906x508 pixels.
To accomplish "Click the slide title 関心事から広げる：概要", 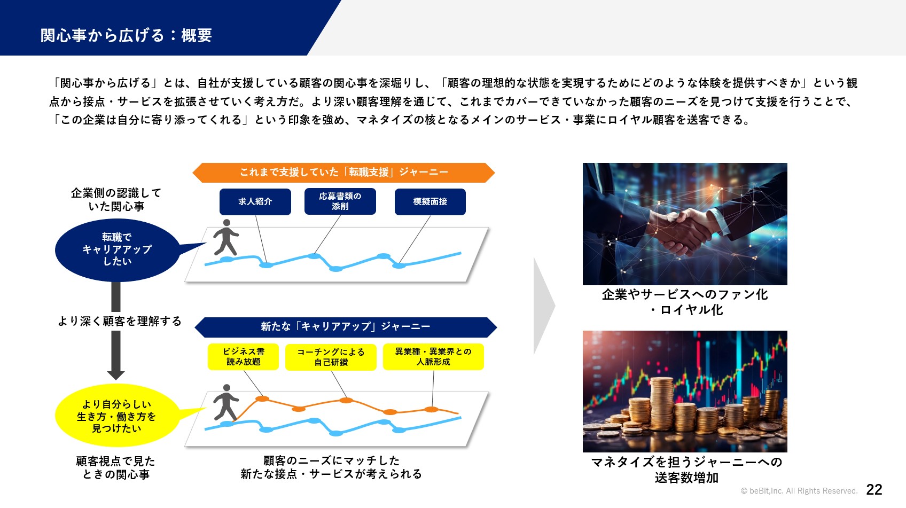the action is [126, 35].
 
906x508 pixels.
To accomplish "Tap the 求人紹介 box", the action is [255, 201].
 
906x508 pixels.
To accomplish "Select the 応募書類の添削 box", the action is [340, 201].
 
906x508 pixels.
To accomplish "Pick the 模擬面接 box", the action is [430, 201].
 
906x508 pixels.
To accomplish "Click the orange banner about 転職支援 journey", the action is [344, 173].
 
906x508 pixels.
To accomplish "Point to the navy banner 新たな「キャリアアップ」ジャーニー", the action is [346, 327].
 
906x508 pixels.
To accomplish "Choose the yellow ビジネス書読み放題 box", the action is [244, 357].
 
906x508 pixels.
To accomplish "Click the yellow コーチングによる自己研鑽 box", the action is [331, 357].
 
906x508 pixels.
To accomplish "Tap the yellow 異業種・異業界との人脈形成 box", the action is [433, 357].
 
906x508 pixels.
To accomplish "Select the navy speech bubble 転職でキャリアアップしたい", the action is [118, 250].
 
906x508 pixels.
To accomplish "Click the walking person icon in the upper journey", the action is [225, 237].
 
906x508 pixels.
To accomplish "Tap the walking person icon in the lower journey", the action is [225, 402].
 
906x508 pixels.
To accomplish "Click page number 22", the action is [874, 490].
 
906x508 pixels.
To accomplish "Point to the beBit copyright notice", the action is [799, 491].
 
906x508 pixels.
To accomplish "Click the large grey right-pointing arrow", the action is [544, 306].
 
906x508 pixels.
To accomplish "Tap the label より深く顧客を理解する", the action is [120, 321].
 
